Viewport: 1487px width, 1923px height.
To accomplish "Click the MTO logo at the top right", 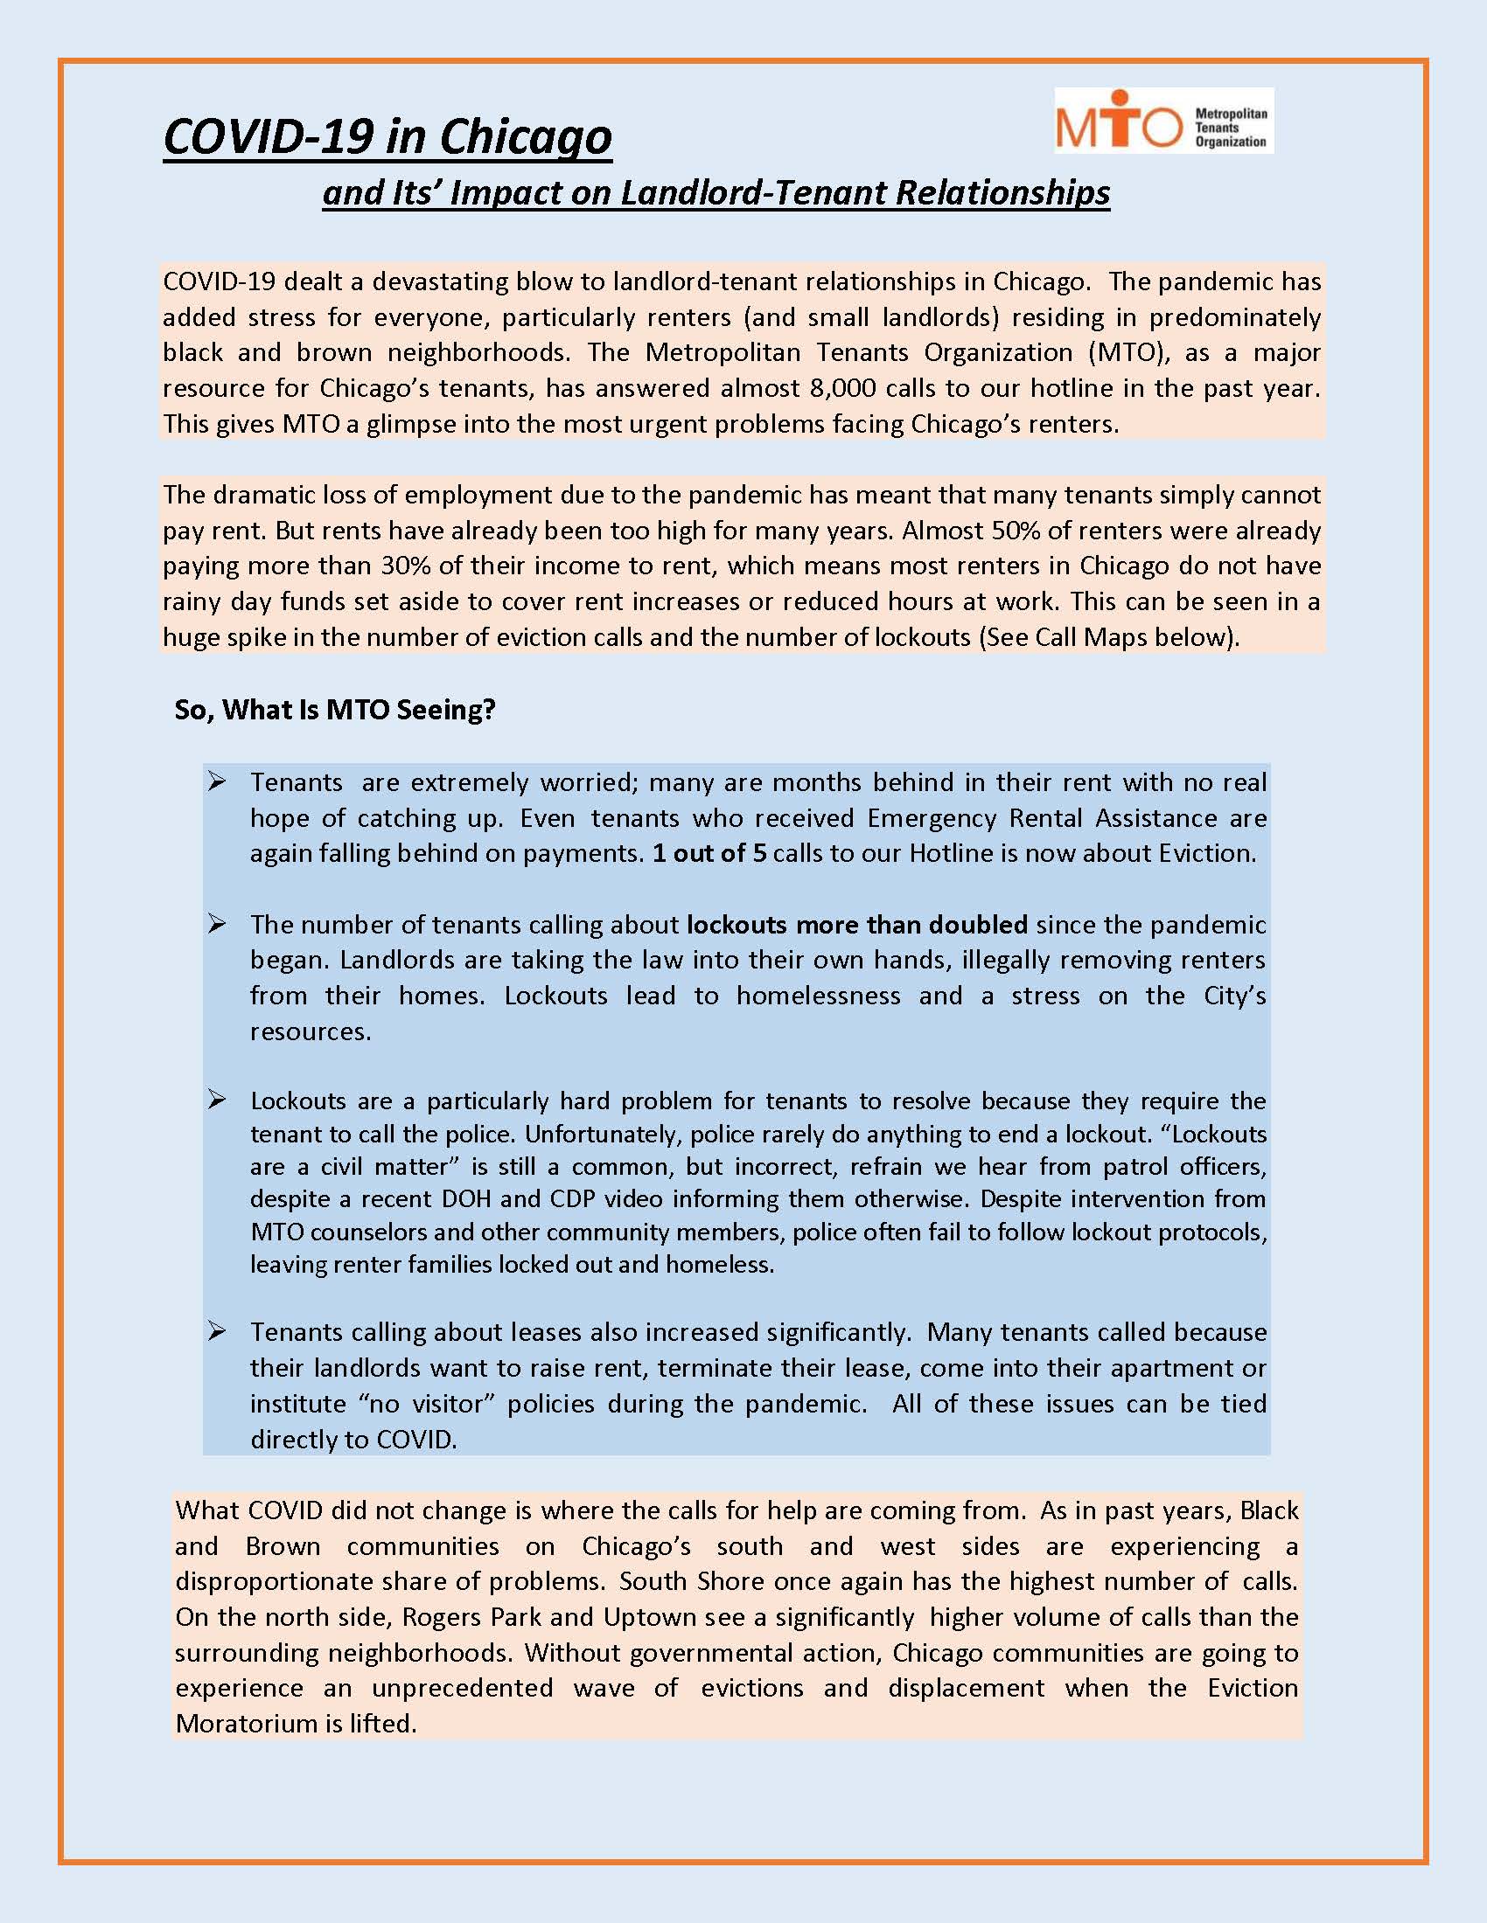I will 1162,121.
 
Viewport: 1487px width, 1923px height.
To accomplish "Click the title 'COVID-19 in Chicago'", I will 387,136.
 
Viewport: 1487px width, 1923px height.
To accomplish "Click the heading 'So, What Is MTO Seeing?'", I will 335,710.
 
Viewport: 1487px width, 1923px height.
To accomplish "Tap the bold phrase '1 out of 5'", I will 709,853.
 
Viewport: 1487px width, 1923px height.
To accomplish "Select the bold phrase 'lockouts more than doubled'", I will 856,925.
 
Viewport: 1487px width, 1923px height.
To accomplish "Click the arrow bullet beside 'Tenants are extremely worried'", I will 217,782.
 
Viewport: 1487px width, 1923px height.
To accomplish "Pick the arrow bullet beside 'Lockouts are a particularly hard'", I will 217,1100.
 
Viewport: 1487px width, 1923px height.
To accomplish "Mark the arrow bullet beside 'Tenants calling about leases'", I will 217,1331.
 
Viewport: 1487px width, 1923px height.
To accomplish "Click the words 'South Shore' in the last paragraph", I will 691,1580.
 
